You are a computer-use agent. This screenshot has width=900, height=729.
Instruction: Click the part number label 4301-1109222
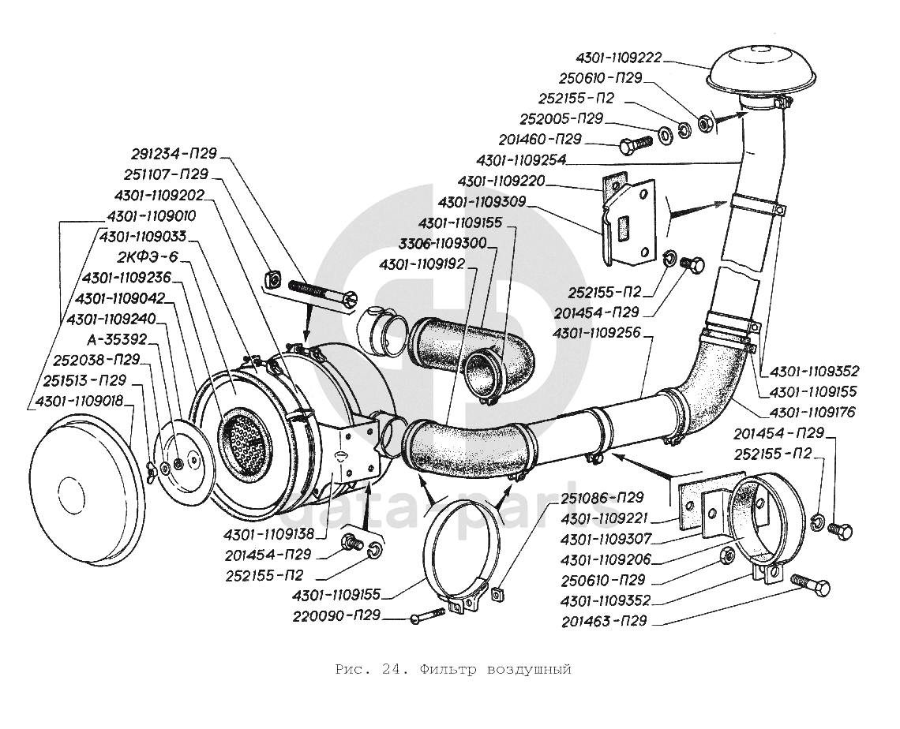[619, 58]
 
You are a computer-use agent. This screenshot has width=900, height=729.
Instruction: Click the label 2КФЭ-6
[148, 257]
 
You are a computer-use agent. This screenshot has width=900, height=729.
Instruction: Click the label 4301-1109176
[813, 411]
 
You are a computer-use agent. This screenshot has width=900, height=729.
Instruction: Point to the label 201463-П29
[605, 622]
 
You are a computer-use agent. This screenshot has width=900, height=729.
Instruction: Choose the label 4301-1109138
[269, 533]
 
